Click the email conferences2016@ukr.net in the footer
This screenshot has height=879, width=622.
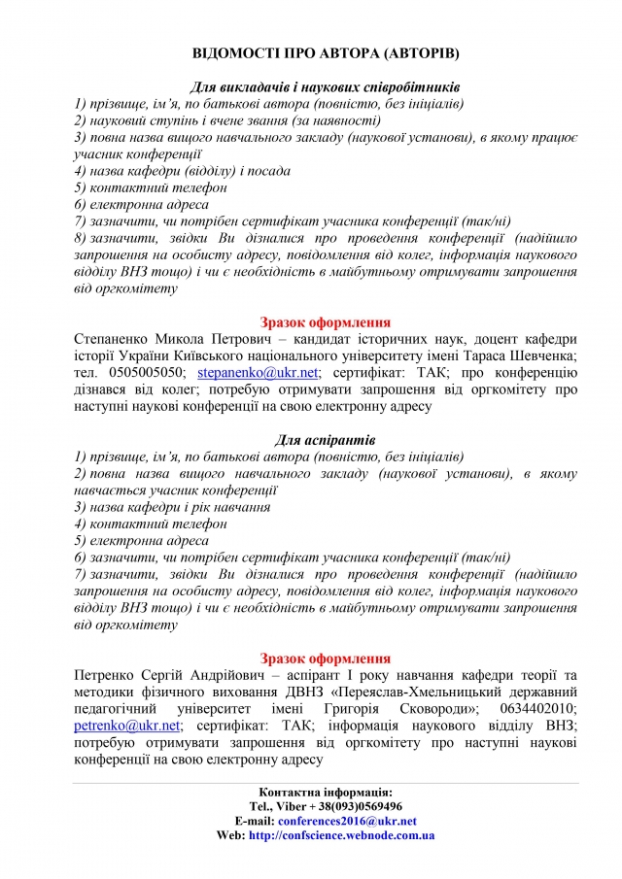tap(346, 821)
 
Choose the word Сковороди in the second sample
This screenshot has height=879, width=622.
tap(426, 708)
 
